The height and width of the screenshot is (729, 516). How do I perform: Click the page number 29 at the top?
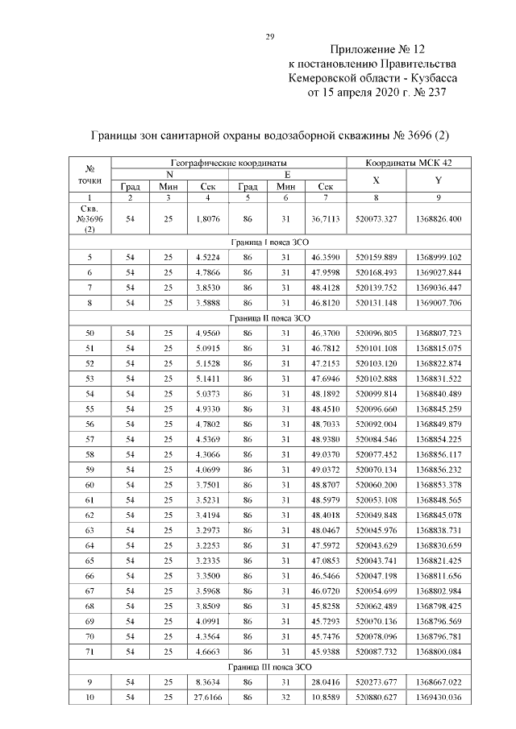[x=271, y=35]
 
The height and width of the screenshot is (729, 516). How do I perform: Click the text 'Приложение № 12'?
[x=372, y=50]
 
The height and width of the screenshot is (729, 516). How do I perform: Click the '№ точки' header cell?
[x=91, y=175]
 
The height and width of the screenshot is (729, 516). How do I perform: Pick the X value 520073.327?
[x=376, y=219]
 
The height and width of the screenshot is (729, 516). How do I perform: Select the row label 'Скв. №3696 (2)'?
[x=91, y=219]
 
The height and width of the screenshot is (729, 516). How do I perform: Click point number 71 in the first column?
[x=90, y=652]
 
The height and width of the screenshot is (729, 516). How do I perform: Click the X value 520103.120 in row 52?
[x=376, y=363]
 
